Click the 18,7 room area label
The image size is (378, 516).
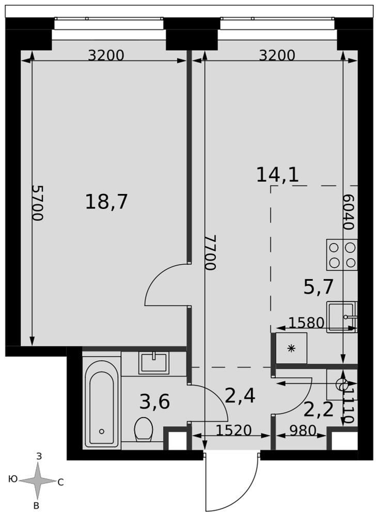click(106, 202)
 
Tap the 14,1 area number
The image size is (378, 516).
click(277, 174)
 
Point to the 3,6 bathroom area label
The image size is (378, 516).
click(154, 402)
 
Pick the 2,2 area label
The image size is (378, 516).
click(319, 410)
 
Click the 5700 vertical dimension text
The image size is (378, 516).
click(38, 203)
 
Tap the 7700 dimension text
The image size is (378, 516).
click(210, 252)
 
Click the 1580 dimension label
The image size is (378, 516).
click(307, 323)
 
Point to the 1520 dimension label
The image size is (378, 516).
click(234, 430)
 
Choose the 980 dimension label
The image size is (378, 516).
click(303, 430)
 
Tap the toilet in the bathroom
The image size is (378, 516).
click(144, 428)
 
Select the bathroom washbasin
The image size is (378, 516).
click(154, 363)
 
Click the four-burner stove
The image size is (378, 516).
click(342, 255)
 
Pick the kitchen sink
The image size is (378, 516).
click(342, 317)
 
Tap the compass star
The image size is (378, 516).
click(37, 481)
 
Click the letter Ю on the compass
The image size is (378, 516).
click(13, 479)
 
